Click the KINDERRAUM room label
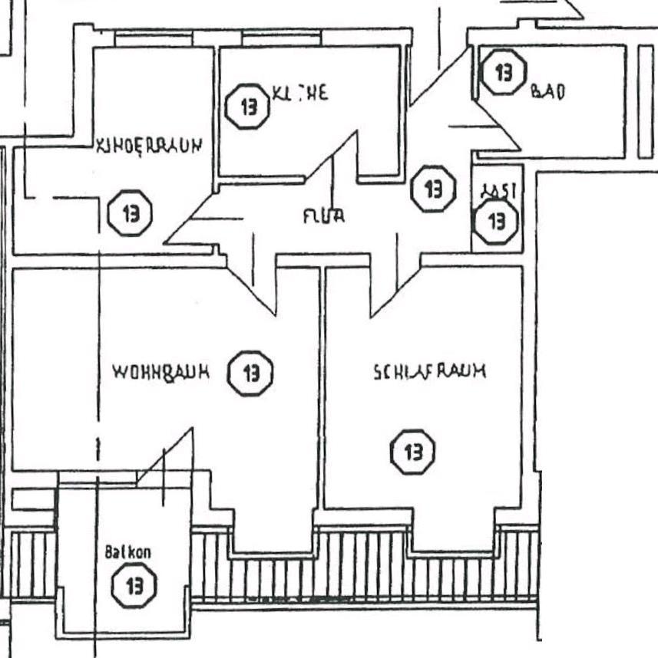(148, 146)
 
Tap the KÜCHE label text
(299, 94)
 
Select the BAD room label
(547, 92)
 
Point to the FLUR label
(322, 216)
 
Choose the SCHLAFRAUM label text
(429, 373)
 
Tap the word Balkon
(127, 552)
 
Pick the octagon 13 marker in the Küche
(249, 107)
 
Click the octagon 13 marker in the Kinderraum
(130, 213)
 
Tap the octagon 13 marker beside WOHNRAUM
(251, 373)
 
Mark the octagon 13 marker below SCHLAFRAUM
(413, 452)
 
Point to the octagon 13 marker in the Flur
(434, 188)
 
